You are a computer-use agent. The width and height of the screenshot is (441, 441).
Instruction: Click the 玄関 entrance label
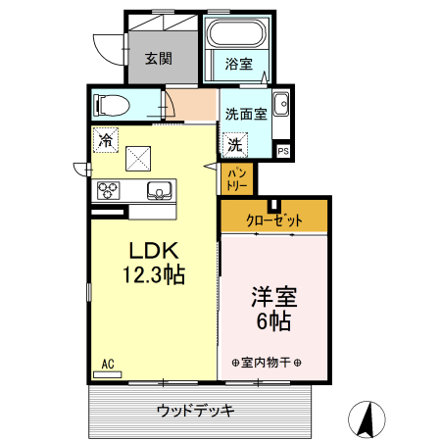click(159, 57)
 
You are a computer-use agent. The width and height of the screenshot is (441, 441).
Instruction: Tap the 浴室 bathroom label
click(238, 66)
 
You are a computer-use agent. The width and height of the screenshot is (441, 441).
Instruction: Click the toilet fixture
click(111, 104)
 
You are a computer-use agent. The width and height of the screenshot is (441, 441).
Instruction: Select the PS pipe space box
click(282, 151)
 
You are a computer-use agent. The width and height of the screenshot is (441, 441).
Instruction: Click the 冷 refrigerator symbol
click(105, 140)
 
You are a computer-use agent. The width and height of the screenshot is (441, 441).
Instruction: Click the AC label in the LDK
click(108, 364)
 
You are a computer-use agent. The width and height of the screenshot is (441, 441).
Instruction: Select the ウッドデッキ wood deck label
click(195, 410)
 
